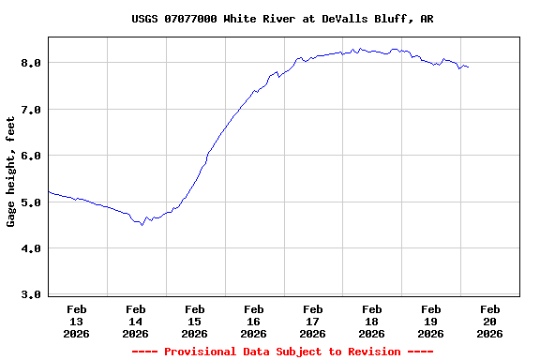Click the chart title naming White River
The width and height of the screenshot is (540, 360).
click(282, 19)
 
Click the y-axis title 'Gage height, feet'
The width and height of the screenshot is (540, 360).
click(11, 172)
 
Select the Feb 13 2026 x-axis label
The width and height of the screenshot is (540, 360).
click(77, 321)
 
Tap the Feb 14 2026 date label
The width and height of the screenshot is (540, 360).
click(136, 321)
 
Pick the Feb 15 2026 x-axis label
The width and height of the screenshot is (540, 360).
click(195, 321)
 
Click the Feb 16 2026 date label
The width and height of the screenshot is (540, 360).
click(254, 321)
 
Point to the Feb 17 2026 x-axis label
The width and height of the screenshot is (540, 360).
click(313, 321)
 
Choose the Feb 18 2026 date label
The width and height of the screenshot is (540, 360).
click(372, 321)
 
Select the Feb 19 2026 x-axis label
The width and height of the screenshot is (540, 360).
click(431, 321)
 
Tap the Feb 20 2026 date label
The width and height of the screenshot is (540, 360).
click(490, 321)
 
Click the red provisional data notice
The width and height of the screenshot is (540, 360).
click(282, 352)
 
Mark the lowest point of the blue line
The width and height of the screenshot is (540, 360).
click(142, 225)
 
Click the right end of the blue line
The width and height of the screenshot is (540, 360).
click(468, 67)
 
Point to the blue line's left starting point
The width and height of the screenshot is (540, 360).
click(48, 191)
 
